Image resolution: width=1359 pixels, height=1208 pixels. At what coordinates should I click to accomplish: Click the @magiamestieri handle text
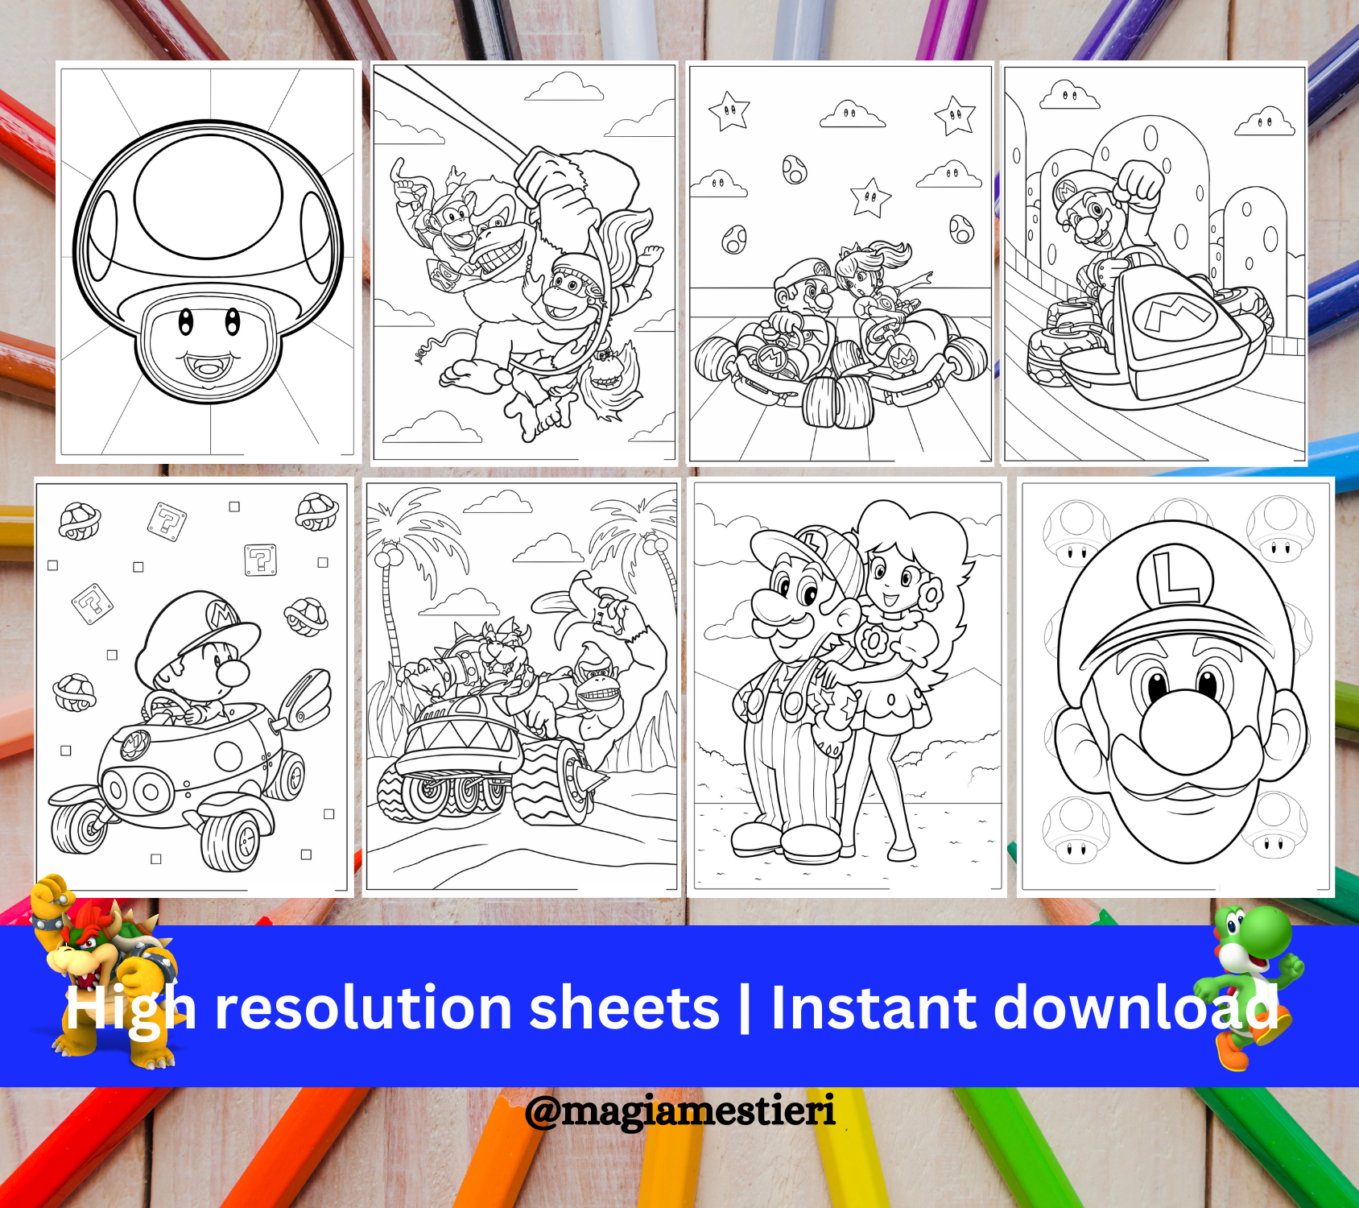click(680, 1111)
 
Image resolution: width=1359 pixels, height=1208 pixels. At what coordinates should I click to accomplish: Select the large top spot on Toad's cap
click(208, 197)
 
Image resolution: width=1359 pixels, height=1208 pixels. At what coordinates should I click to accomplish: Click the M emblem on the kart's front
click(1175, 316)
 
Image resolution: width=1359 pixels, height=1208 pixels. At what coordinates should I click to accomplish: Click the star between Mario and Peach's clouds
click(870, 198)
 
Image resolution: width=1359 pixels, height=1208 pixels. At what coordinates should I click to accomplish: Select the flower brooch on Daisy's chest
click(871, 641)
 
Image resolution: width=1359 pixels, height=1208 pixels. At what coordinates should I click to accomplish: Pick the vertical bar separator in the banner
click(744, 1007)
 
